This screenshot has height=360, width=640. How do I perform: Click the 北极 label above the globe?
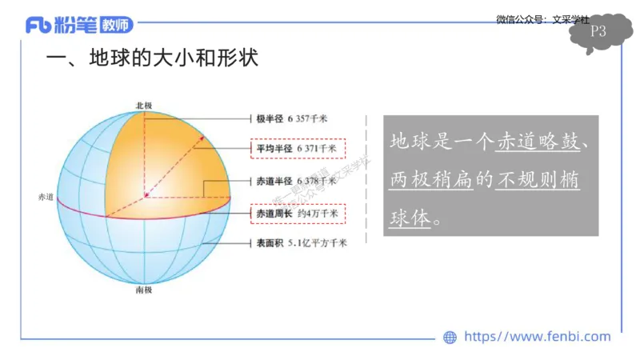click(144, 105)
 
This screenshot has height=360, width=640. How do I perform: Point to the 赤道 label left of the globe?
click(45, 197)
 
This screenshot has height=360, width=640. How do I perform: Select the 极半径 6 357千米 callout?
click(291, 118)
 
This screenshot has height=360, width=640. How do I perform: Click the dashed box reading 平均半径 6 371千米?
click(297, 149)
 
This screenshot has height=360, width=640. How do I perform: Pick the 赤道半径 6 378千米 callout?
click(291, 181)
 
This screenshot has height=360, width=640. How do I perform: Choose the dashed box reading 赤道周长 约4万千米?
click(297, 214)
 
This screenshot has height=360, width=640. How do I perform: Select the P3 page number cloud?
click(598, 33)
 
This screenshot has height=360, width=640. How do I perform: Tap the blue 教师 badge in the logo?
click(116, 26)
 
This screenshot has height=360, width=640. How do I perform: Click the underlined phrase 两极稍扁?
click(427, 181)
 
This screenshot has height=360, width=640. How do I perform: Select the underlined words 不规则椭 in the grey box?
click(538, 181)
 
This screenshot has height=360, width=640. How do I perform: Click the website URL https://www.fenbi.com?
click(537, 337)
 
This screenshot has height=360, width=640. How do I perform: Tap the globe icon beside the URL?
click(450, 338)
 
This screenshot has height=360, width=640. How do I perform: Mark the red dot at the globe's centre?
click(146, 195)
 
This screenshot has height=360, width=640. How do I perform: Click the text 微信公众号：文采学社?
click(542, 19)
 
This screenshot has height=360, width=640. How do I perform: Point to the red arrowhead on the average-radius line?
click(202, 139)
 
